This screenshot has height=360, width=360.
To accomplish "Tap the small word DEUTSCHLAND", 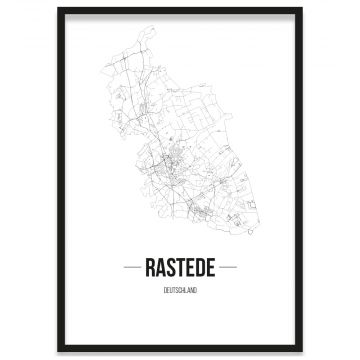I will click(180, 290).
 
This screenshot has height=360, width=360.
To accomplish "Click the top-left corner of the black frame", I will click(59, 9).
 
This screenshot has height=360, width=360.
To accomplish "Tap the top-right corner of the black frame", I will click(301, 9).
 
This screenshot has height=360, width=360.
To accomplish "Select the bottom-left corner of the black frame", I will click(59, 350).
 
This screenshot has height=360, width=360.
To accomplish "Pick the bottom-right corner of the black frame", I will click(301, 350).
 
